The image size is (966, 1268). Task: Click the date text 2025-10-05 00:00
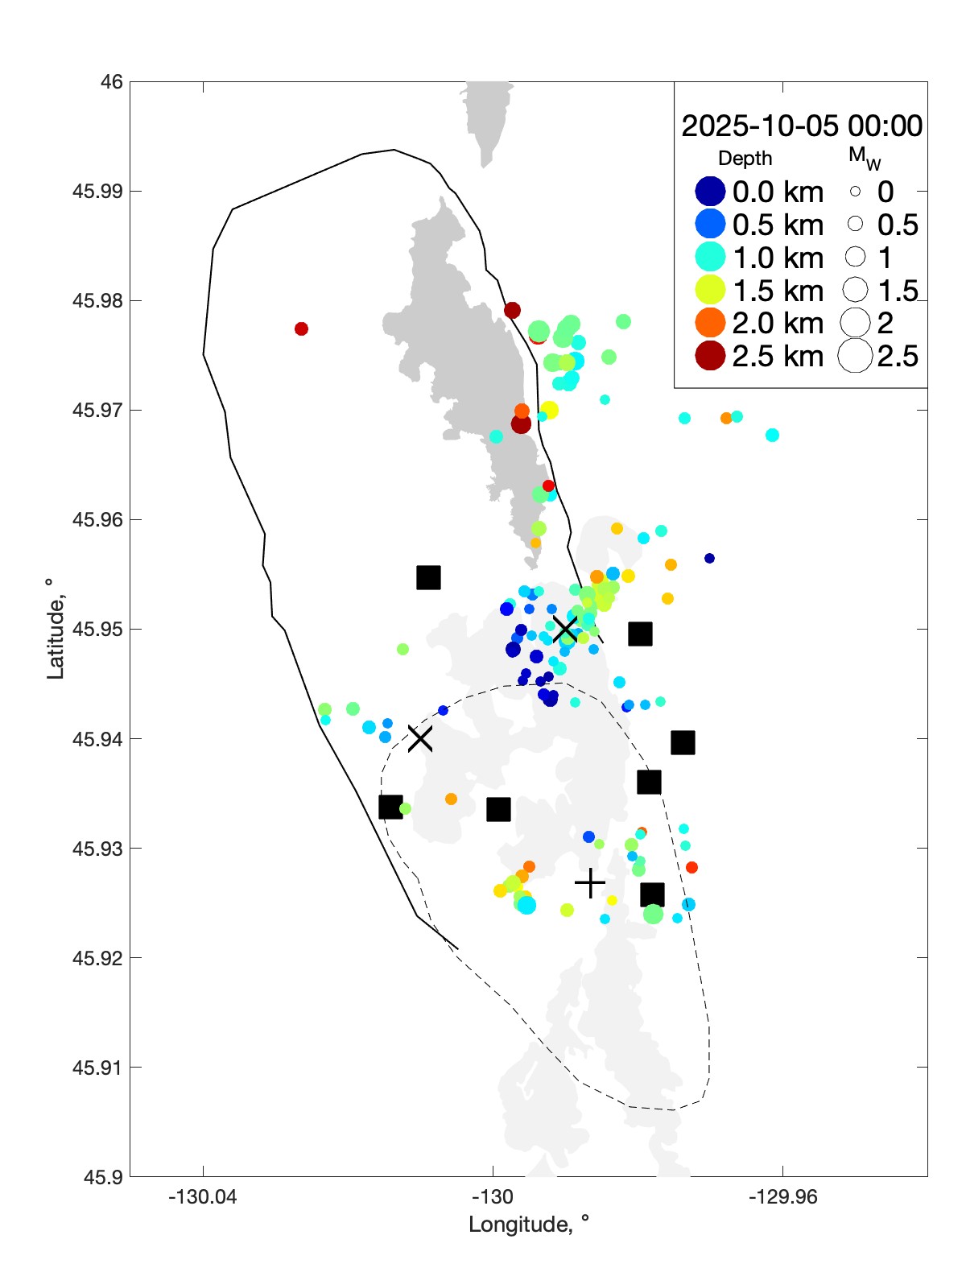[802, 126]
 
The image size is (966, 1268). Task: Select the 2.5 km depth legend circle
[710, 356]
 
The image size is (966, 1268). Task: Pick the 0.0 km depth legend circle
[710, 192]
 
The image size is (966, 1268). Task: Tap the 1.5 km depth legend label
[778, 291]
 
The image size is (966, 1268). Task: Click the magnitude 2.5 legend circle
[855, 356]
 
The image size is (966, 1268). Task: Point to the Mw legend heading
[864, 158]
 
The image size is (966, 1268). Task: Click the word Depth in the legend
[745, 159]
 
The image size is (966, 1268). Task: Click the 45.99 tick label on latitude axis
[97, 192]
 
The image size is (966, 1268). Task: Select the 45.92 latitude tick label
[97, 958]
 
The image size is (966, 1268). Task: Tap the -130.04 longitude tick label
[203, 1197]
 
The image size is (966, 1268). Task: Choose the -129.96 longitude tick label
[782, 1197]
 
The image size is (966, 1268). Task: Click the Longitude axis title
[529, 1225]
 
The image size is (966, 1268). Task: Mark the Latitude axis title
[55, 629]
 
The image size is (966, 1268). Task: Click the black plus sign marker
[590, 883]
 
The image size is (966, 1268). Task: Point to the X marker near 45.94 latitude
[419, 738]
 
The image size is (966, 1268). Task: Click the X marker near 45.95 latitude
[566, 630]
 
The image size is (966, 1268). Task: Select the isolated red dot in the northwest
[301, 328]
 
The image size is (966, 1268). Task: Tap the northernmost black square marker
[428, 577]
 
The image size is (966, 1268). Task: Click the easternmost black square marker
[683, 742]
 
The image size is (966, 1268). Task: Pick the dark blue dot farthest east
[709, 558]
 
